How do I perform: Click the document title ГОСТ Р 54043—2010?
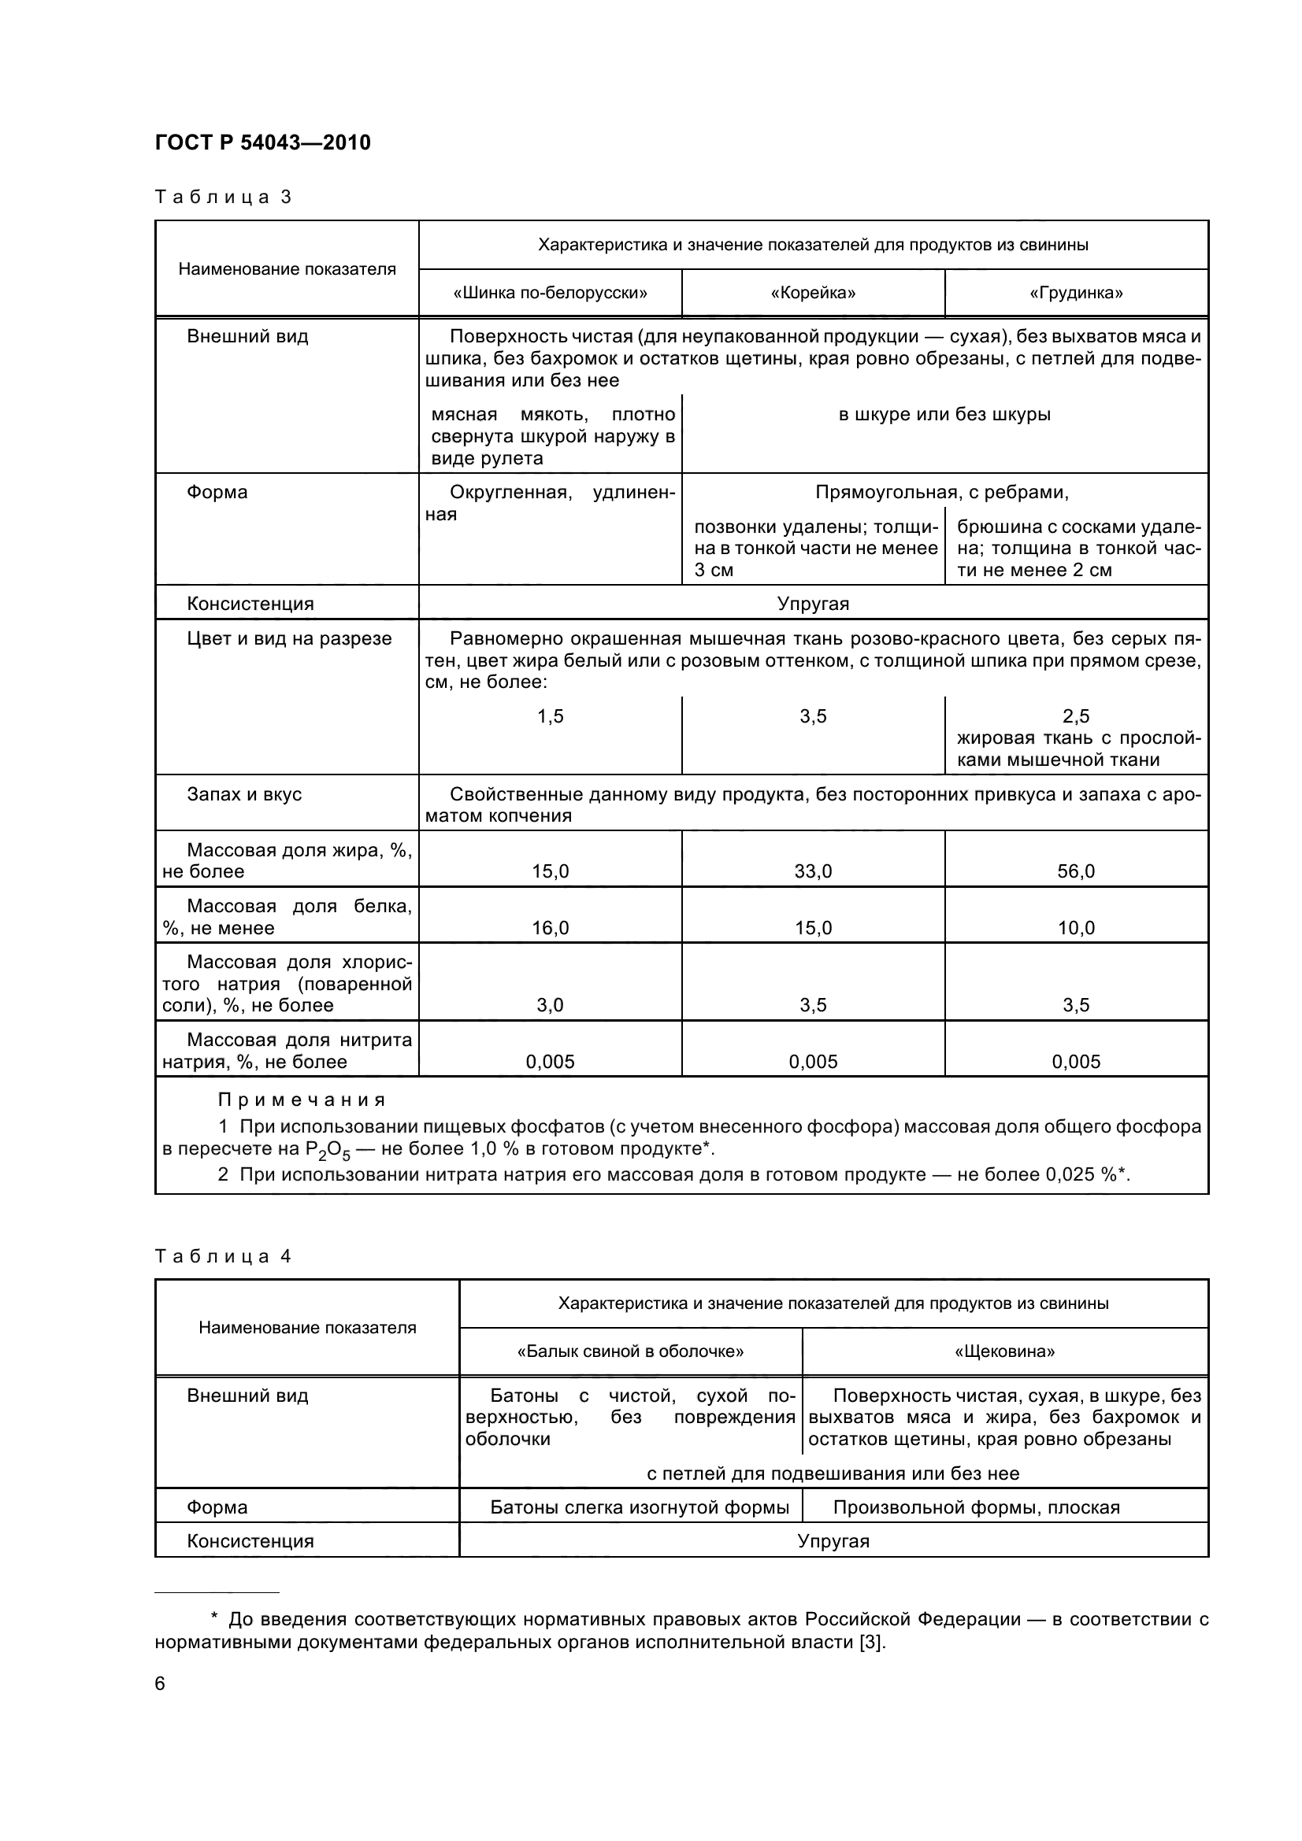point(262,142)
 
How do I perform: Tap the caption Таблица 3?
point(222,198)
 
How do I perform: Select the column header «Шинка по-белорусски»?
point(550,293)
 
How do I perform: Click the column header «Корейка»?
point(813,293)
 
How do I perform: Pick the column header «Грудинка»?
point(1076,293)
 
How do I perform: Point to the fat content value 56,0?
point(1076,871)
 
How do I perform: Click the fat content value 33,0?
point(813,871)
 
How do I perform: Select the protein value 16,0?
point(550,928)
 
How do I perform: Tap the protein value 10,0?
point(1076,928)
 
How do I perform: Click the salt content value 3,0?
point(550,1004)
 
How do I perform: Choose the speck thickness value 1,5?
point(550,716)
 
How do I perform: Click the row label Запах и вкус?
point(244,794)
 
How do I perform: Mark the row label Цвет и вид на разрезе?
point(289,638)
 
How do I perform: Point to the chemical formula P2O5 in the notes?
point(328,1150)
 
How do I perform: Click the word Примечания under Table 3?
point(302,1100)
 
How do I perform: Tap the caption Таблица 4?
point(222,1256)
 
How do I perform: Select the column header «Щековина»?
point(1004,1351)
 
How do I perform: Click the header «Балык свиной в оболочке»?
point(631,1351)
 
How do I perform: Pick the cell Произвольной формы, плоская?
point(975,1506)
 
